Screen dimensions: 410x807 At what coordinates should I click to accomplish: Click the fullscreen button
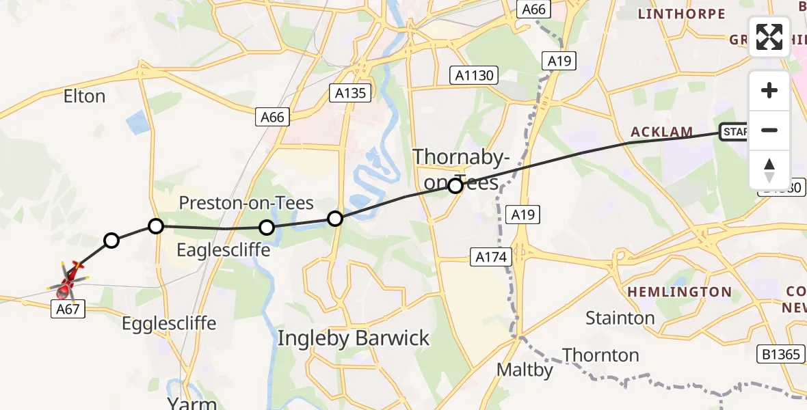pos(769,37)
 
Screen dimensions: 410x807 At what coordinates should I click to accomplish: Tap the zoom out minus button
pos(769,130)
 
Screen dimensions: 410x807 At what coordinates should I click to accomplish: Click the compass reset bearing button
pos(769,169)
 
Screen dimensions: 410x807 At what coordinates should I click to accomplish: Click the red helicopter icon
pos(67,282)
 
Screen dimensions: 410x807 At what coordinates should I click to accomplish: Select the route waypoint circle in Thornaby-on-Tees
pos(455,184)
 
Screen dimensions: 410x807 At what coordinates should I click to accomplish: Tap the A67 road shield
pos(69,310)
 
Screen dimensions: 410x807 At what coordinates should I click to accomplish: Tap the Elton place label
pos(84,96)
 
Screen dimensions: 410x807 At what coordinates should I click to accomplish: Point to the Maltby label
pos(525,370)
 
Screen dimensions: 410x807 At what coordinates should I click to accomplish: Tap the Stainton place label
pos(620,318)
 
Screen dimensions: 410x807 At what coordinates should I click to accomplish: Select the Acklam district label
pos(661,132)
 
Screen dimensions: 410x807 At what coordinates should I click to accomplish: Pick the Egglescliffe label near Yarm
pos(169,323)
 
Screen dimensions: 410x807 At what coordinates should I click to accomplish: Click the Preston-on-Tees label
pos(246,203)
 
